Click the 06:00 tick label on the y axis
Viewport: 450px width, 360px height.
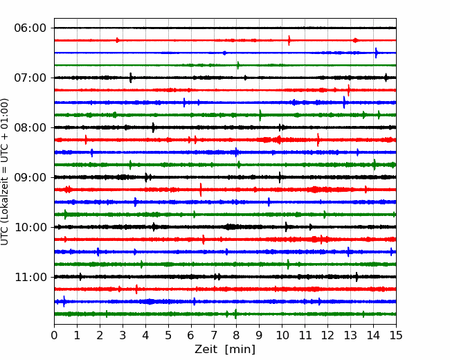(30, 28)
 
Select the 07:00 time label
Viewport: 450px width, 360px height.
(30, 78)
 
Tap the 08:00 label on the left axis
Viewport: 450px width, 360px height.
(30, 127)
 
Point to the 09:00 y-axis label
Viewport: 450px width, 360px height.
(30, 177)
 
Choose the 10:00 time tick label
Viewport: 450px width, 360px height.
(30, 227)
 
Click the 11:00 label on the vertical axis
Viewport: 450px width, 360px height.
(30, 277)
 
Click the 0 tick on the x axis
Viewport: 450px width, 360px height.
(55, 336)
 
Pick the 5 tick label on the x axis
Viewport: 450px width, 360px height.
(168, 336)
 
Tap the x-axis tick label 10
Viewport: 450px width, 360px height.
(282, 336)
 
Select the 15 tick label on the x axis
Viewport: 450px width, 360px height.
(395, 336)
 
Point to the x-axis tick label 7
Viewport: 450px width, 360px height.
(214, 336)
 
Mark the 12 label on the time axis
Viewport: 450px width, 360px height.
(327, 336)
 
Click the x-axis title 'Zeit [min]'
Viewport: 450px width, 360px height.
(225, 350)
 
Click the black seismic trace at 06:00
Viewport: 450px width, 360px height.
(208, 28)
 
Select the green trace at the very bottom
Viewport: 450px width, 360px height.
(208, 314)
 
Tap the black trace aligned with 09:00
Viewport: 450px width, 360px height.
(208, 177)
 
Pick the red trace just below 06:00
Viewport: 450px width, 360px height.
(208, 40)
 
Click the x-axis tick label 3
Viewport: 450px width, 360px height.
(123, 336)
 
